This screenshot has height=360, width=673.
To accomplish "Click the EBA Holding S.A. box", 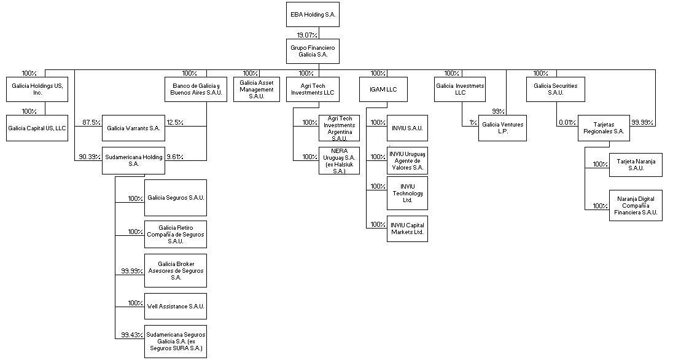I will [313, 14].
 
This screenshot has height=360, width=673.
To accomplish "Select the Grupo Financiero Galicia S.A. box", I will [313, 51].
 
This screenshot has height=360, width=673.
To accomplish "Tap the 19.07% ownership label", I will [308, 35].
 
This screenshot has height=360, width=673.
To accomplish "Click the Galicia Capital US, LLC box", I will [37, 128].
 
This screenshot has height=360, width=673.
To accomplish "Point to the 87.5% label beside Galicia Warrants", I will [91, 122].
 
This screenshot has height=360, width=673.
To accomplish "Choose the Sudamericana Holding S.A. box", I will [133, 160].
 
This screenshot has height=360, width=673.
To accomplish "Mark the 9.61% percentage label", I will [176, 157].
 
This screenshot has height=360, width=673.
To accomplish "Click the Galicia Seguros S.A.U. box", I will [176, 198].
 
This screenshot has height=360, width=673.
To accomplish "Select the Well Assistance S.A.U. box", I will [176, 305].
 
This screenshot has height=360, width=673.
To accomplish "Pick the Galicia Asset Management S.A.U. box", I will [257, 89].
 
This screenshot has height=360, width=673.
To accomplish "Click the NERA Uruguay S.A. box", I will [340, 161].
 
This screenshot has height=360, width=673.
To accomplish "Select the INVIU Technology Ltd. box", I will [407, 193].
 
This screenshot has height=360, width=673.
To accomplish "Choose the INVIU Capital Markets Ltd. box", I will [407, 229].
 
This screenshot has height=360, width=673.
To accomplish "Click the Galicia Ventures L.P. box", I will [502, 128].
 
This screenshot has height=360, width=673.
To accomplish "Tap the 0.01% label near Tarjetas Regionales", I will [567, 122].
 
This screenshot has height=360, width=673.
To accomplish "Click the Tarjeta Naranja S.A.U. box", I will [636, 165].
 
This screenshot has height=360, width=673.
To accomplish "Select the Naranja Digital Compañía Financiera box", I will [636, 206].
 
